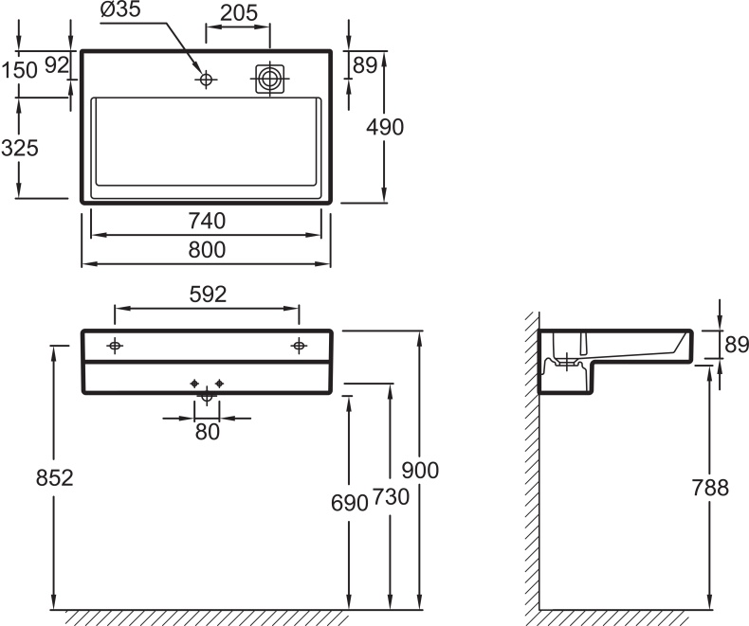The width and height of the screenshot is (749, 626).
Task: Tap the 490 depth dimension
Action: pyautogui.click(x=385, y=127)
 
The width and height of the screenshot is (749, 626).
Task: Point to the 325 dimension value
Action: pyautogui.click(x=19, y=150)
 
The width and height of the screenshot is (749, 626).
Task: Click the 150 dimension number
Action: pyautogui.click(x=19, y=69)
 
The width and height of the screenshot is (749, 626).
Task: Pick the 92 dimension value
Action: pyautogui.click(x=57, y=65)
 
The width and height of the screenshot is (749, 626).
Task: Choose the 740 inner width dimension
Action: pyautogui.click(x=207, y=221)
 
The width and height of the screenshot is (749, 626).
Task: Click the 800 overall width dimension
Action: pyautogui.click(x=207, y=250)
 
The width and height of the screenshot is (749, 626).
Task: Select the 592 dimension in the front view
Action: pyautogui.click(x=207, y=295)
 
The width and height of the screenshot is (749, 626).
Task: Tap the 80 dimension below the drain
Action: pyautogui.click(x=207, y=432)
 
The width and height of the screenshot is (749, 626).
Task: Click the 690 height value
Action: pyautogui.click(x=350, y=503)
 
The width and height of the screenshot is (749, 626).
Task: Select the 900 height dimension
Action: pyautogui.click(x=421, y=470)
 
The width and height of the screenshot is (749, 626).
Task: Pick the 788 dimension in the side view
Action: pyautogui.click(x=710, y=488)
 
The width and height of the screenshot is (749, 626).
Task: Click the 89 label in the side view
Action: pyautogui.click(x=737, y=346)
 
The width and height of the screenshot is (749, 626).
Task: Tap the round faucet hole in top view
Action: pyautogui.click(x=206, y=80)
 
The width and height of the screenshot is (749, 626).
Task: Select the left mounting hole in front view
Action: pyautogui.click(x=115, y=346)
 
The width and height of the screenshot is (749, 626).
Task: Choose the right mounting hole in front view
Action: pyautogui.click(x=299, y=346)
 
